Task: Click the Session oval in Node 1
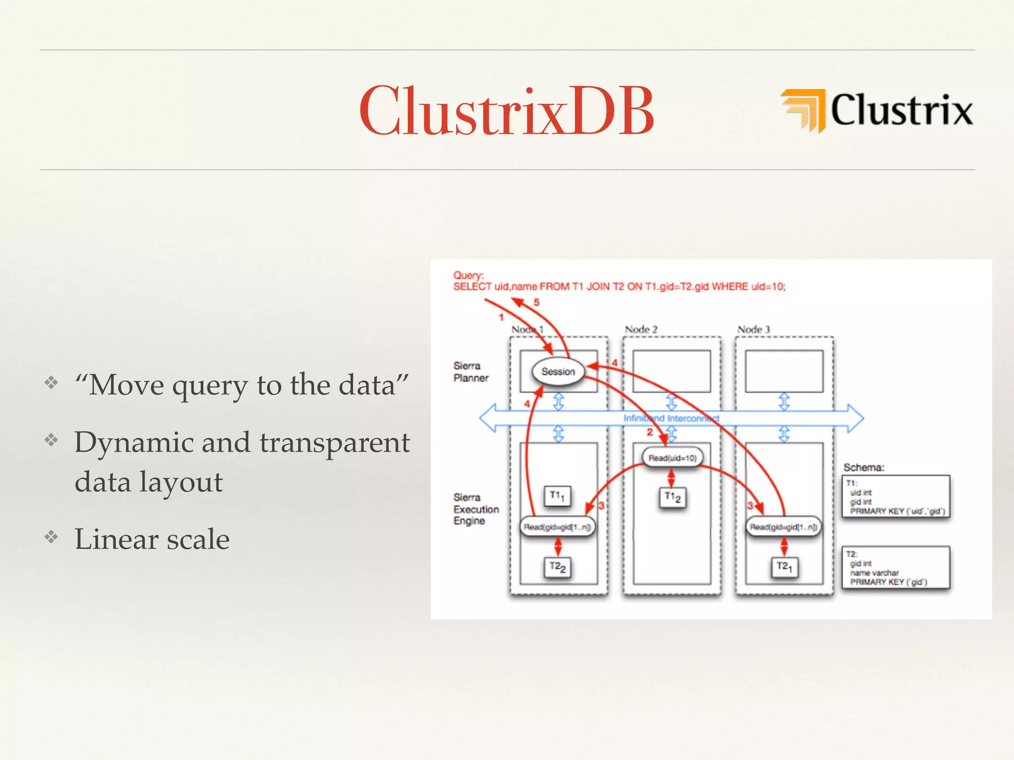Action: click(x=558, y=372)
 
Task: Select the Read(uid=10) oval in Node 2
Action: click(x=672, y=458)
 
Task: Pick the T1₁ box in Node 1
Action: click(x=558, y=496)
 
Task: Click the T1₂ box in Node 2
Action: click(x=672, y=497)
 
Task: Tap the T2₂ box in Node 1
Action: click(x=558, y=567)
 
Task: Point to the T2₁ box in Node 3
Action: click(x=784, y=567)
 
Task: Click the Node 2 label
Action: click(x=641, y=330)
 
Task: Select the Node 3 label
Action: click(x=754, y=330)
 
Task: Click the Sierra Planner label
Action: click(x=470, y=372)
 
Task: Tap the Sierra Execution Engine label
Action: click(x=475, y=509)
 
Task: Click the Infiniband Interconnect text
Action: click(x=671, y=419)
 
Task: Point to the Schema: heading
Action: click(x=863, y=468)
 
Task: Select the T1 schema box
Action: click(x=896, y=497)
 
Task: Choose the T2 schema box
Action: click(x=896, y=568)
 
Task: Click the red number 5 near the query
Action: click(x=536, y=302)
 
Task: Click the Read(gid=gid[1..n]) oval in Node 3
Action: click(x=783, y=527)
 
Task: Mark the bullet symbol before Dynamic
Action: click(x=51, y=439)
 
